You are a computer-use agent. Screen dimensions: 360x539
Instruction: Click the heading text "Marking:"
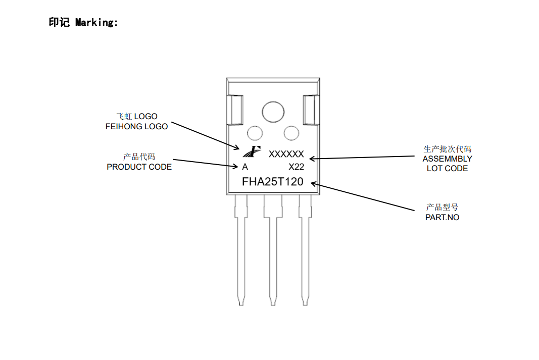click(96, 22)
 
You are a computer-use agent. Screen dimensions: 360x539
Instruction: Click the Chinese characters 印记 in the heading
click(59, 22)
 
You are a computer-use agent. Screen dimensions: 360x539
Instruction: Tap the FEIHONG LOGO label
click(136, 127)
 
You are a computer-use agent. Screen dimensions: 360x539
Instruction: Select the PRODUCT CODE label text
click(139, 167)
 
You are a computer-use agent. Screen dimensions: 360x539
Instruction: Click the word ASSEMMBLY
click(447, 159)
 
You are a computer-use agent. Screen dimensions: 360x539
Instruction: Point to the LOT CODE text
click(447, 168)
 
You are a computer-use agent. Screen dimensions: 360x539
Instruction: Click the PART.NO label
click(442, 217)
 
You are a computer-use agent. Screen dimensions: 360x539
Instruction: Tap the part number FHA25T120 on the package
click(272, 182)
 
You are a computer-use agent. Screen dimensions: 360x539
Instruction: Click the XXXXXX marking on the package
click(286, 154)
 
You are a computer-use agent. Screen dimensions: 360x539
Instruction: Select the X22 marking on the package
click(296, 167)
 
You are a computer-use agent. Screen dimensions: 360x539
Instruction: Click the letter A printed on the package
click(245, 167)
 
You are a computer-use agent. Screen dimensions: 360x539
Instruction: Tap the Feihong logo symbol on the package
click(251, 151)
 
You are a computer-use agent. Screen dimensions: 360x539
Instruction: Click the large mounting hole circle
click(273, 112)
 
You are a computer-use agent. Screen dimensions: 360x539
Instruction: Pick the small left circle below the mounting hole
click(255, 133)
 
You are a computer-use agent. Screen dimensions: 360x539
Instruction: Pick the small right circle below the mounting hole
click(291, 133)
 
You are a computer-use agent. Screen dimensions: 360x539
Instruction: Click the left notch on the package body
click(235, 110)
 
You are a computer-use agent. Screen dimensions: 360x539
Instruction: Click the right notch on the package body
click(310, 110)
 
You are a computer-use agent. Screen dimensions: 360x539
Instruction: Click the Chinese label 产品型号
click(442, 208)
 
